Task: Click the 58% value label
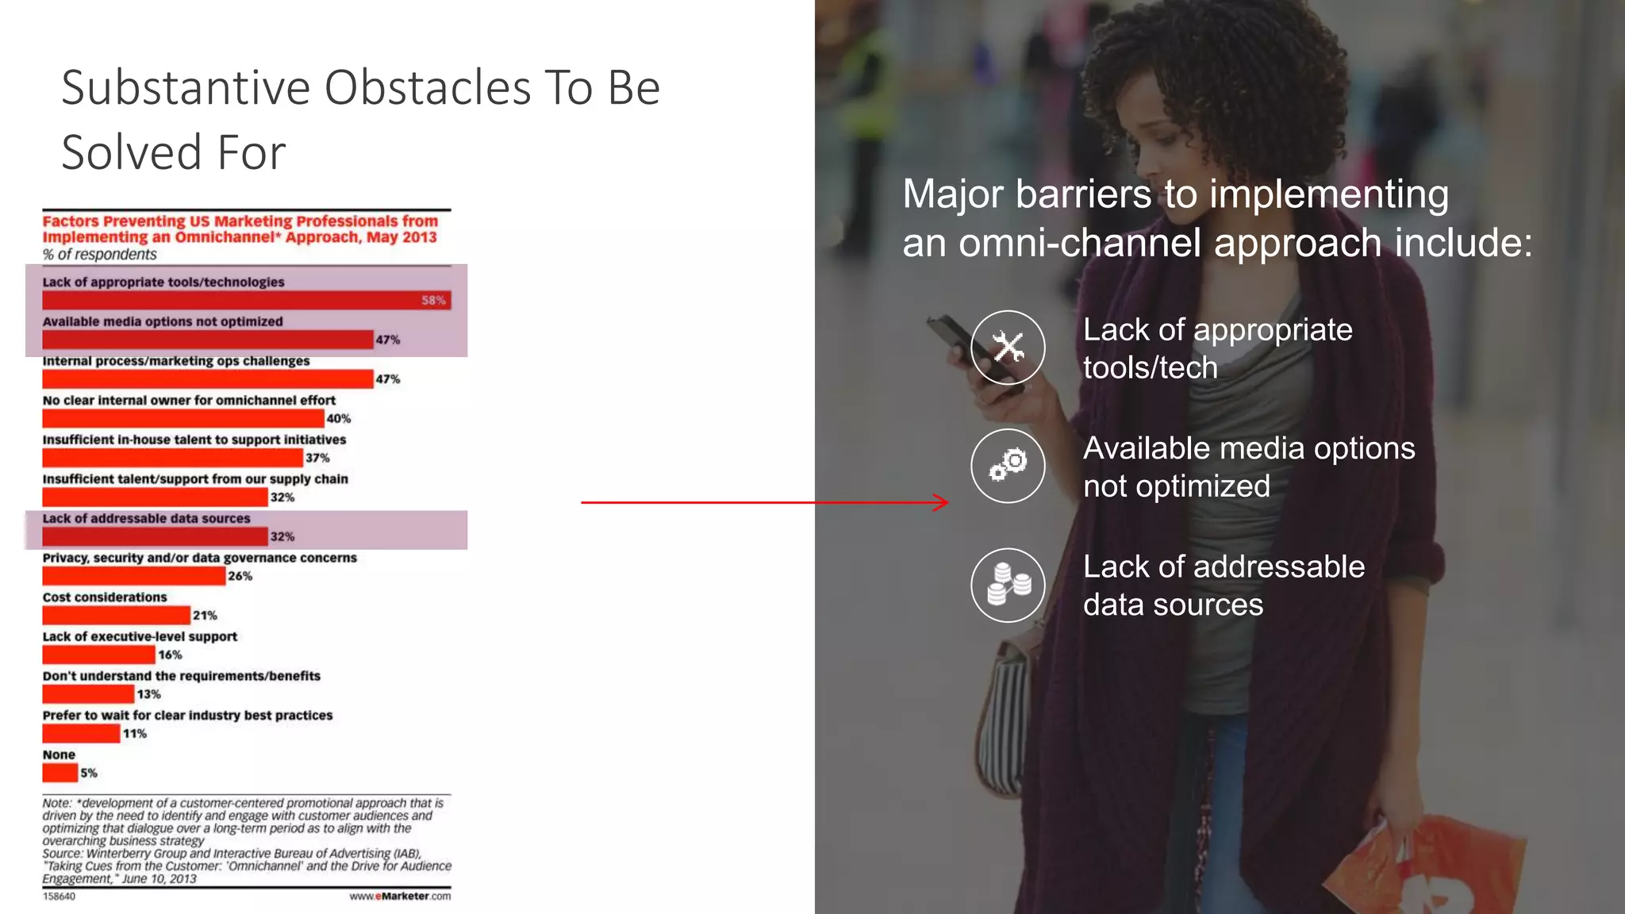point(433,301)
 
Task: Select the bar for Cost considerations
point(116,616)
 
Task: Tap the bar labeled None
point(60,773)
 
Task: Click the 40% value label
point(339,419)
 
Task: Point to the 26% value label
point(240,577)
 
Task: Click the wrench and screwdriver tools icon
point(1008,348)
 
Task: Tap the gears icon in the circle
point(1008,466)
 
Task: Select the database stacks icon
point(1008,586)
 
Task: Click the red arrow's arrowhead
point(943,502)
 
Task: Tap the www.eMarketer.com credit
point(400,897)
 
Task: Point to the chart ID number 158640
point(59,897)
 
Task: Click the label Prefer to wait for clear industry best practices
point(187,716)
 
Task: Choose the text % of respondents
point(99,255)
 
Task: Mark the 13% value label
point(148,695)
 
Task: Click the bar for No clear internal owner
point(182,419)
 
